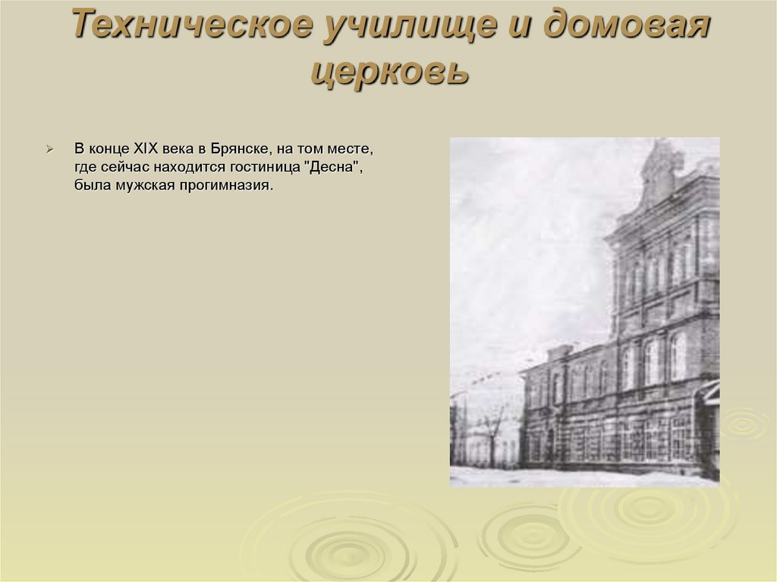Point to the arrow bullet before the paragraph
49,148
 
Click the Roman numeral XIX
145,148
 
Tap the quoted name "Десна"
334,167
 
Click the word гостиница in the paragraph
265,167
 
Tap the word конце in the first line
109,148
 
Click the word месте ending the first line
353,148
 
